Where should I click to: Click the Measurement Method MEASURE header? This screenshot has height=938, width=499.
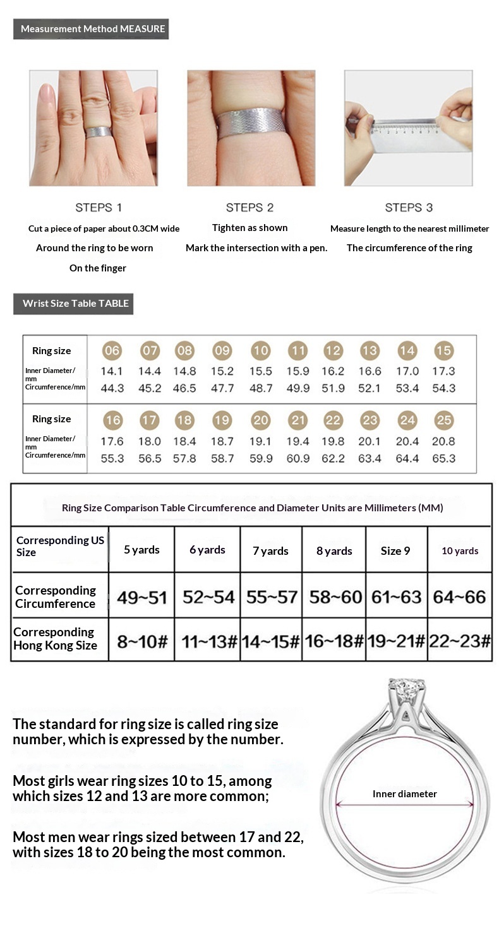(x=92, y=29)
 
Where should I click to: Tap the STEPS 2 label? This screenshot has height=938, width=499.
(x=249, y=208)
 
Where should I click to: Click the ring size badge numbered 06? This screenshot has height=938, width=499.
(x=112, y=351)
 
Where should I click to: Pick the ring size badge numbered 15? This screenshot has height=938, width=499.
(x=443, y=351)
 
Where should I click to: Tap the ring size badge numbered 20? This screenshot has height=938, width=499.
(x=260, y=420)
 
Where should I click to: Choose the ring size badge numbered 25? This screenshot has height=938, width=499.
(x=443, y=420)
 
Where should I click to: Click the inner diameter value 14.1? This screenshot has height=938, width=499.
(x=112, y=372)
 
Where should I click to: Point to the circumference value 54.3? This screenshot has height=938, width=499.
(x=443, y=388)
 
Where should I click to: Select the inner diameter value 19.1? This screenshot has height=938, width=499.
(x=260, y=442)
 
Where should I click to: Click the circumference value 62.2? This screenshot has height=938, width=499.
(x=333, y=458)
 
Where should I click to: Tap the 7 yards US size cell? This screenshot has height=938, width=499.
(x=270, y=551)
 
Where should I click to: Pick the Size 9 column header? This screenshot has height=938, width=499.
(x=395, y=551)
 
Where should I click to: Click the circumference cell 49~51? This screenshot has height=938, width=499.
(x=141, y=597)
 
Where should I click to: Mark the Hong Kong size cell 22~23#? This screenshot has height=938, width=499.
(x=460, y=642)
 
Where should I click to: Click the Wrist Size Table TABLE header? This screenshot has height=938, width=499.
(x=75, y=304)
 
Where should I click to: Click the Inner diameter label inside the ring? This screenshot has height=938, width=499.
(x=404, y=794)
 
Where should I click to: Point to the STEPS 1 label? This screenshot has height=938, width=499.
(x=99, y=208)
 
